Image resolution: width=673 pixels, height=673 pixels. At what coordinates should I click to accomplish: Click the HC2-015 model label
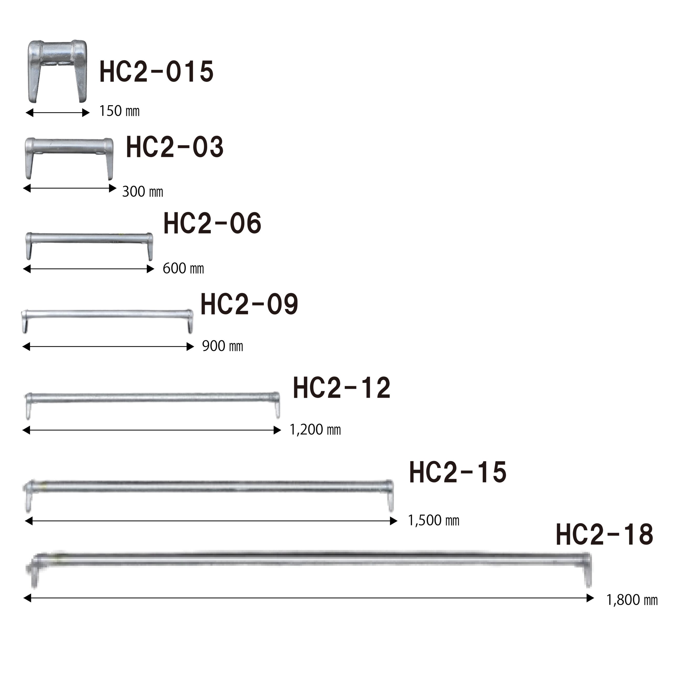click(x=156, y=72)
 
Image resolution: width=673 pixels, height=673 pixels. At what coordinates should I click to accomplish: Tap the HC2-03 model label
click(x=175, y=147)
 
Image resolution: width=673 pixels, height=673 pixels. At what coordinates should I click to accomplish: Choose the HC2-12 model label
click(x=342, y=388)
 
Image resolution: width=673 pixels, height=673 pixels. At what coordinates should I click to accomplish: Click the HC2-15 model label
click(x=458, y=472)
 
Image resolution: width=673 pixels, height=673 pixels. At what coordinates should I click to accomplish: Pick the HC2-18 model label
click(x=604, y=535)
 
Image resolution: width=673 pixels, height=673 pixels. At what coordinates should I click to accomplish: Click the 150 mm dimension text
click(x=119, y=111)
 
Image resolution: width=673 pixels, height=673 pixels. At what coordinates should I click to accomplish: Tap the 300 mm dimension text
click(x=142, y=192)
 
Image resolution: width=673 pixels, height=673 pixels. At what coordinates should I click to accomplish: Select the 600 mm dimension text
click(x=183, y=269)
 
